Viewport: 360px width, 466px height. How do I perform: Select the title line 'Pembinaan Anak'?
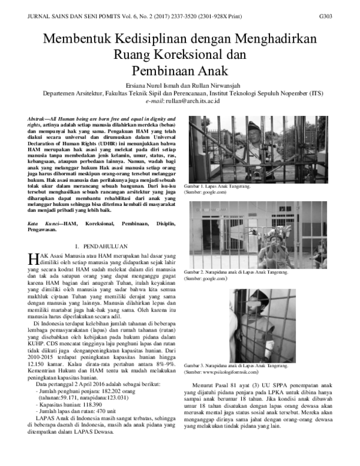[x=179, y=70]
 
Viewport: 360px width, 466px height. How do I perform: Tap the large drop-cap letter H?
[x=34, y=259]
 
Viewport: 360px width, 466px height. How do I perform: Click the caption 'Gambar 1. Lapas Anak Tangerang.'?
[x=217, y=187]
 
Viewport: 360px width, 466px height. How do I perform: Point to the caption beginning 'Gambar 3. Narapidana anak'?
[x=236, y=366]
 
